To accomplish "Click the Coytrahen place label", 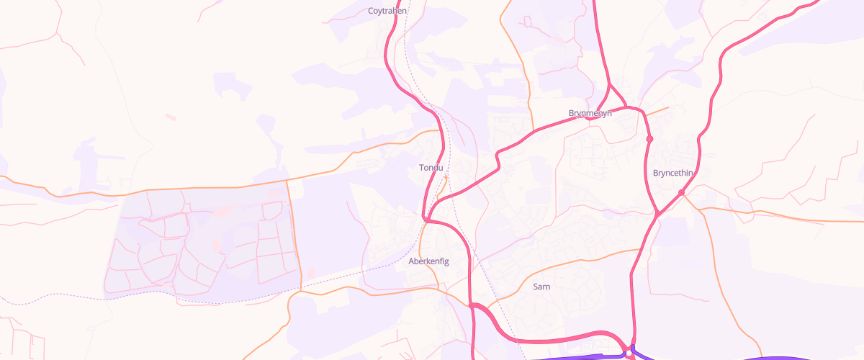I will coord(387,11).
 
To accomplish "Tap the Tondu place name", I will coord(432,168).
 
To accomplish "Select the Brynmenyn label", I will coord(590,113).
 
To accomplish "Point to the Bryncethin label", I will coord(672,173).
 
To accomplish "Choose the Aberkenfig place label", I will coord(428,261).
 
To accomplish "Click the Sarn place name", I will coord(541,287).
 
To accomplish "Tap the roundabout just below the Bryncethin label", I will coord(681,192).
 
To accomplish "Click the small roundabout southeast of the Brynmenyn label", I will coord(649,138).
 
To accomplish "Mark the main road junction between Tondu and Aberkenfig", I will coord(426,219).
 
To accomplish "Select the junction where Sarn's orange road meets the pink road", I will coord(640,249).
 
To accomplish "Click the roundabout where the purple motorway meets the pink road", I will coord(629,353).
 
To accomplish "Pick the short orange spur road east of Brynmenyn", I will coord(655,112).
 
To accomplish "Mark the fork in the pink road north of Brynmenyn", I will coord(609,84).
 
